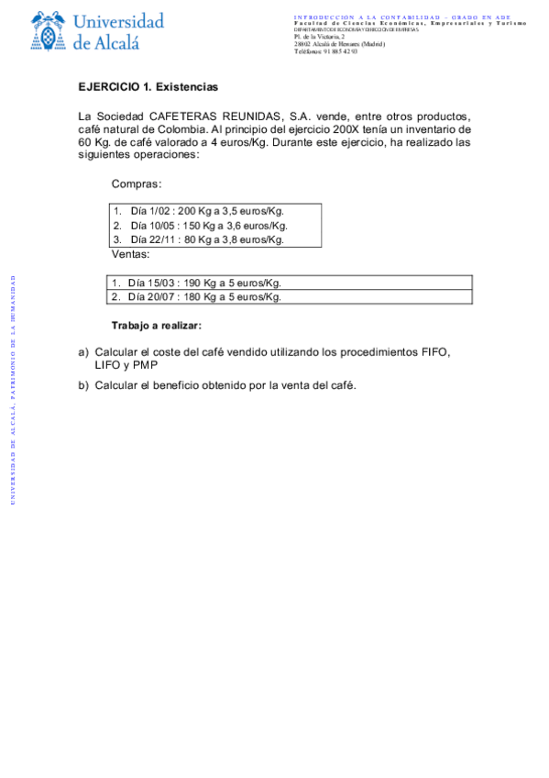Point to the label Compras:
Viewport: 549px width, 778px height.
(x=136, y=184)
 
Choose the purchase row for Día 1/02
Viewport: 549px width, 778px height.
(x=200, y=211)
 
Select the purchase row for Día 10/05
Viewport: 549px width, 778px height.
(x=202, y=226)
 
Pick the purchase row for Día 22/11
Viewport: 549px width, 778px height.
(x=200, y=239)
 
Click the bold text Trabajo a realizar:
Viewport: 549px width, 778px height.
(x=156, y=326)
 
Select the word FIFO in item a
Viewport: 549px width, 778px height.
(x=435, y=351)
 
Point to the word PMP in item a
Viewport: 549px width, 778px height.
(x=145, y=364)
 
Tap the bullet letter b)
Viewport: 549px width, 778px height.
(x=83, y=384)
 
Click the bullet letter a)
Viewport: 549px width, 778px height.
(x=83, y=351)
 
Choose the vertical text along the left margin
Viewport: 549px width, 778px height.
(x=12, y=389)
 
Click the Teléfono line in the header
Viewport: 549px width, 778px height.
(x=325, y=51)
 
